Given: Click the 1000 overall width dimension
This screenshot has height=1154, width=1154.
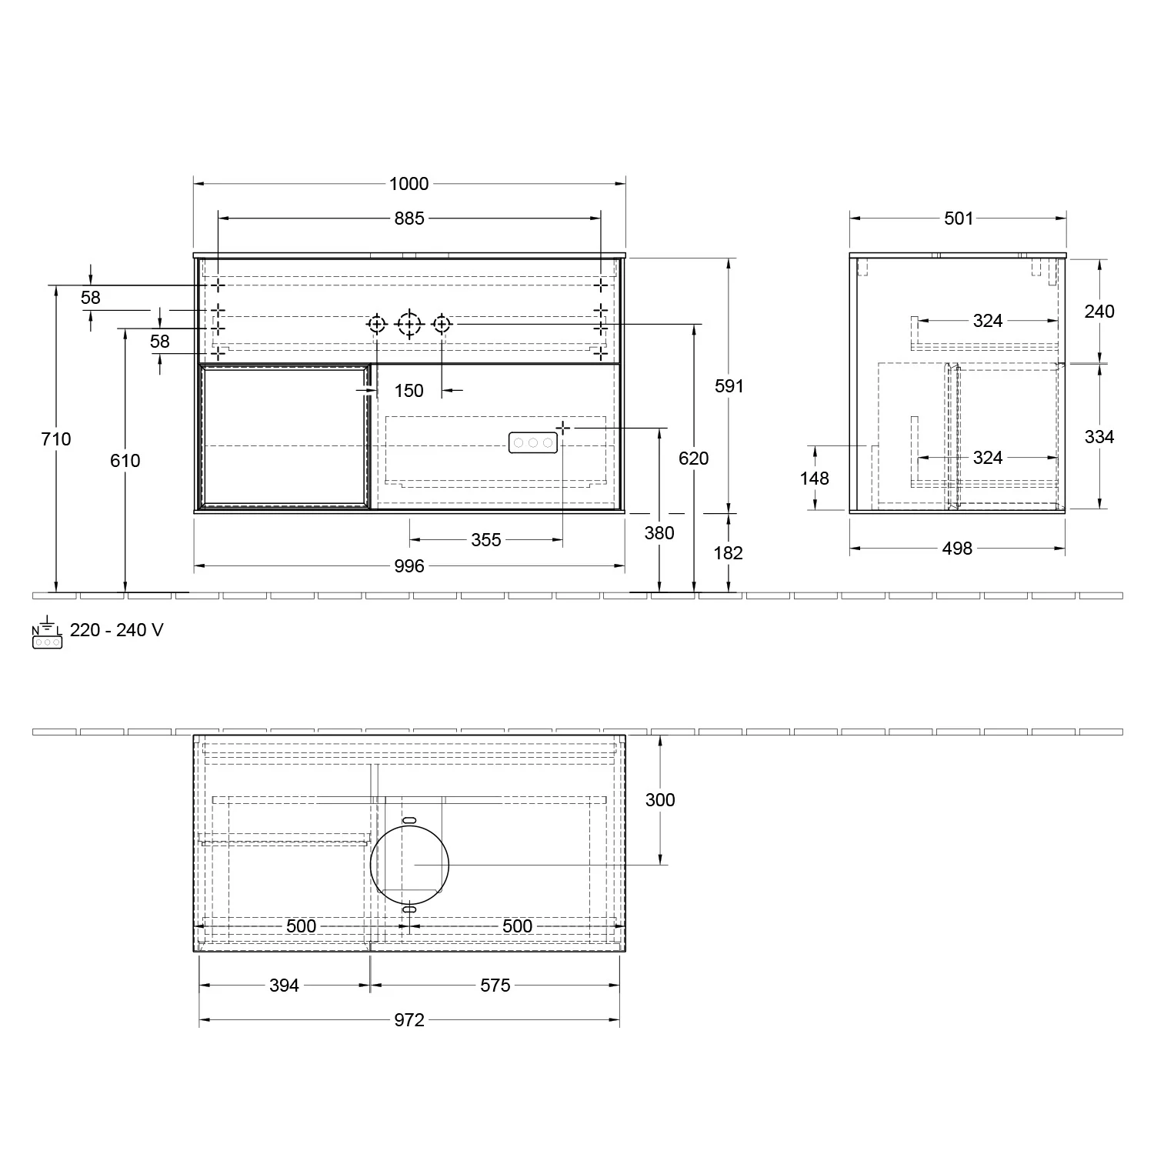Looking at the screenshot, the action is click(409, 184).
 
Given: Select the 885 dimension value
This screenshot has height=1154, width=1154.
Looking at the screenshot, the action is click(409, 218).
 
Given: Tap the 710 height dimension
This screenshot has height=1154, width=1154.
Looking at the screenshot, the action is click(56, 439).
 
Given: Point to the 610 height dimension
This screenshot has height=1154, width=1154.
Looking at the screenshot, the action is click(125, 461).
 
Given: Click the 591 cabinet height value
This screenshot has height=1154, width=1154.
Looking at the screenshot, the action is click(729, 386).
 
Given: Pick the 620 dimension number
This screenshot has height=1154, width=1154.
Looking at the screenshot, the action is click(694, 459).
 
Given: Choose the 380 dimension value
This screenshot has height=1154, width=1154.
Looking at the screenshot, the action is click(659, 533).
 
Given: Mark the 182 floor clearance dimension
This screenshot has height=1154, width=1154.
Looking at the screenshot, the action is click(729, 553).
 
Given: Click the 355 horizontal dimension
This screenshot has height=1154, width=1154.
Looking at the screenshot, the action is click(486, 540).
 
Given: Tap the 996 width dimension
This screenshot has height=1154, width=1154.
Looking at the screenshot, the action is click(409, 566).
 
